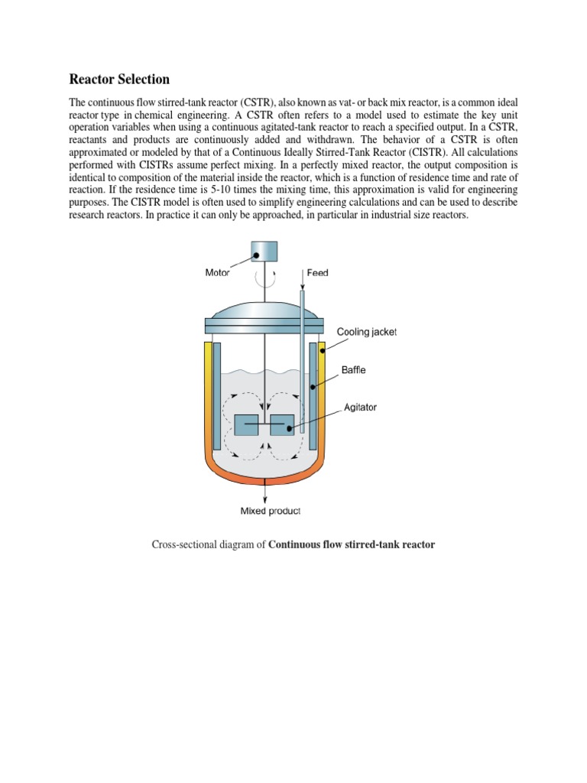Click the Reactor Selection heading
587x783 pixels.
(x=119, y=80)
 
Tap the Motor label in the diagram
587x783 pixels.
(x=217, y=272)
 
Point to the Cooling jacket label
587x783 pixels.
(x=367, y=332)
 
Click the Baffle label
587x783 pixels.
(x=353, y=370)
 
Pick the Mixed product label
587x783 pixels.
(x=270, y=512)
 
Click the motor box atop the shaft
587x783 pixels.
(x=264, y=251)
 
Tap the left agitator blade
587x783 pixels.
(x=245, y=425)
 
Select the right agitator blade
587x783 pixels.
(x=282, y=425)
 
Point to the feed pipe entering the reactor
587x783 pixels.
(x=303, y=359)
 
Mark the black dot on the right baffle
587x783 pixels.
(x=313, y=388)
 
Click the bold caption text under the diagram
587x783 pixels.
(x=352, y=544)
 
